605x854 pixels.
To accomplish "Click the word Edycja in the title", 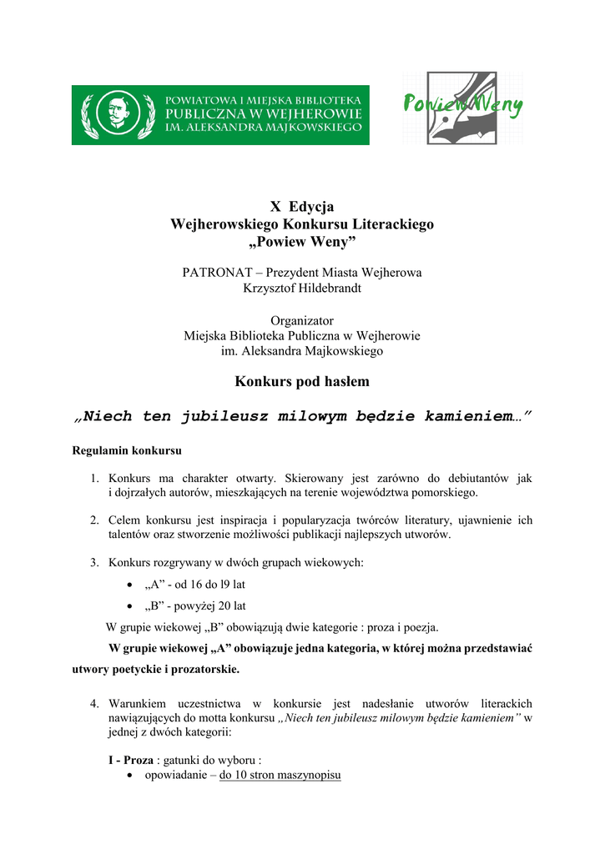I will click(312, 207).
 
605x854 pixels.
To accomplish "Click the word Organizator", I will click(302, 320).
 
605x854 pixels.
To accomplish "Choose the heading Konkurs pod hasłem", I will click(302, 382).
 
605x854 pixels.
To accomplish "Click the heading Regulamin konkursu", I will click(127, 450).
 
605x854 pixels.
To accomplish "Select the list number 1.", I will click(95, 479).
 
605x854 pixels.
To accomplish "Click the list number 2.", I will click(95, 520).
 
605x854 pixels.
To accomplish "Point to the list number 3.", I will click(95, 563).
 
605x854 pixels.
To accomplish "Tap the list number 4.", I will click(95, 704).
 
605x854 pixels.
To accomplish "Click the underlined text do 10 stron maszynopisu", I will click(280, 776).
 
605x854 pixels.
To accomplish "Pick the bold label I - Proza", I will click(132, 760).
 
